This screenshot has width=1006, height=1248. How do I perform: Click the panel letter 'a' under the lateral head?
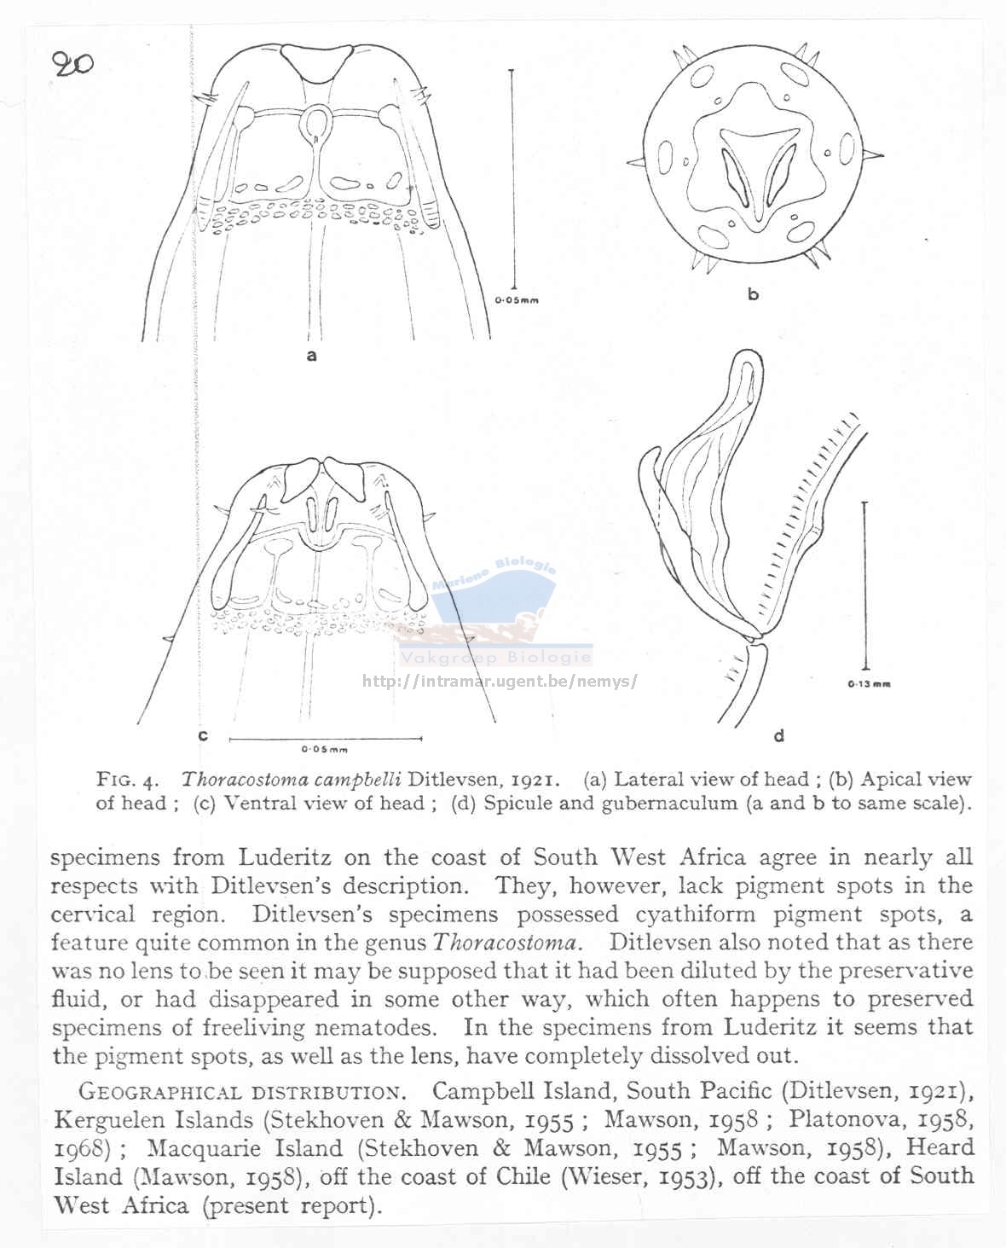[311, 355]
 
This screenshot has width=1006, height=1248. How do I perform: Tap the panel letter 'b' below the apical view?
[753, 294]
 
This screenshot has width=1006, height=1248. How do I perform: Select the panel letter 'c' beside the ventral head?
[202, 735]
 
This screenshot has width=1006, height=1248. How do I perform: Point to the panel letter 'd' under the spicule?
[778, 734]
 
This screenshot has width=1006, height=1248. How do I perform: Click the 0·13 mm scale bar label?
[869, 684]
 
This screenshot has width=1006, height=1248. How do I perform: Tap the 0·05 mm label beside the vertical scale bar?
[517, 300]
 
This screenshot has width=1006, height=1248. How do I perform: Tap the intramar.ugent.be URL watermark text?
[500, 682]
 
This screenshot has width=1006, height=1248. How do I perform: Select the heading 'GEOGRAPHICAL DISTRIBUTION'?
[239, 1091]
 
